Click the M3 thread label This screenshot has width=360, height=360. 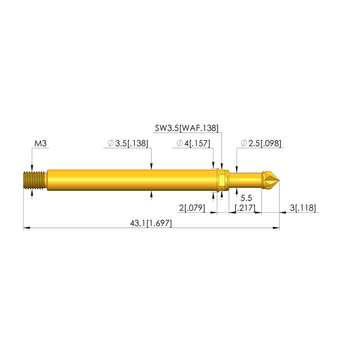click(x=40, y=143)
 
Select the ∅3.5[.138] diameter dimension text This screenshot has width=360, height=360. click(x=127, y=143)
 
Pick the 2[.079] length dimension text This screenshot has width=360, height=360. click(x=192, y=208)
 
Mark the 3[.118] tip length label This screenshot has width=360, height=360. click(x=303, y=208)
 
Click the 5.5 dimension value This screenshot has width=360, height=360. click(x=246, y=198)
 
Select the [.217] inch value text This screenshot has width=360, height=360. click(x=245, y=208)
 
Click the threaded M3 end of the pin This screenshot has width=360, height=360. click(x=34, y=180)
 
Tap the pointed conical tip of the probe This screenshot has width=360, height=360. click(x=274, y=180)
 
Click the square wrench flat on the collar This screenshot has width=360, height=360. click(x=221, y=180)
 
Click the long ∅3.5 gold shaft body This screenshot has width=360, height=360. click(x=130, y=180)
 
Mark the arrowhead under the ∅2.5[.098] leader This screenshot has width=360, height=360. click(x=237, y=169)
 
